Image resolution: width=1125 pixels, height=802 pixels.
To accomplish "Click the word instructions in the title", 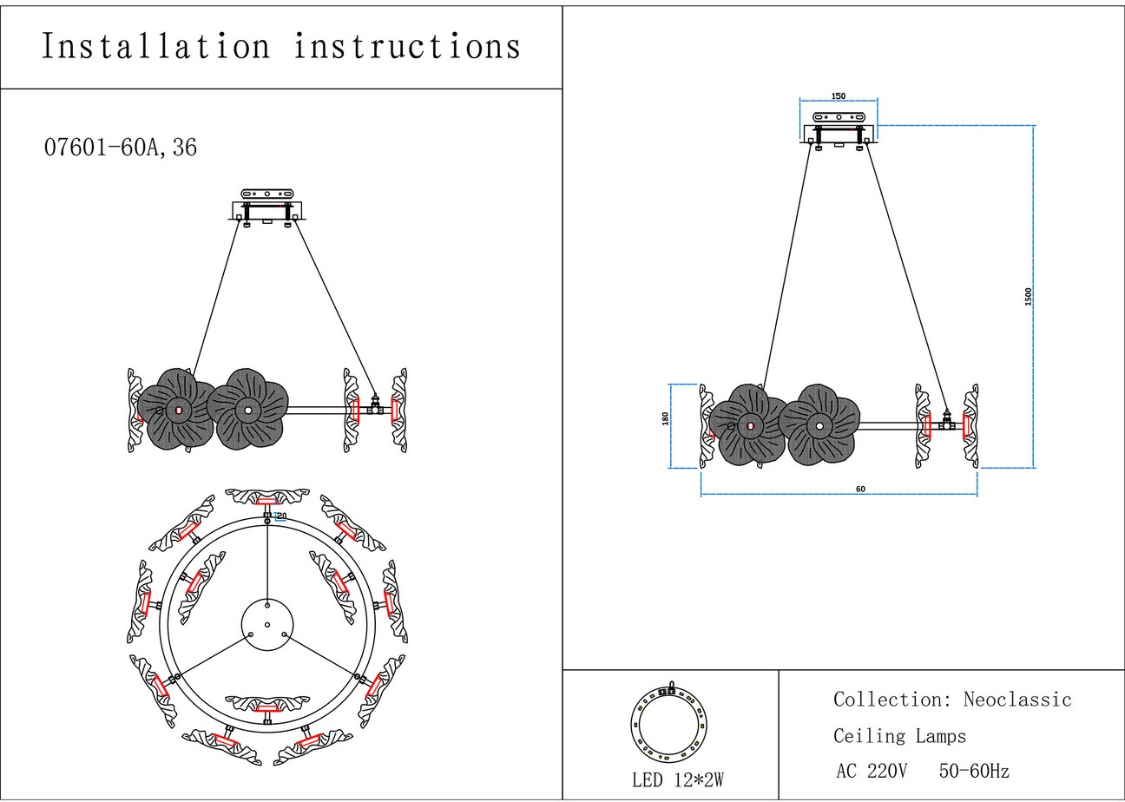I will click(407, 46).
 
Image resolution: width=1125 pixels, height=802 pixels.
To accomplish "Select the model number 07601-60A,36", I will click(121, 148).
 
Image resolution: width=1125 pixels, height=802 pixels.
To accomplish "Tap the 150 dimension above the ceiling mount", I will click(839, 96).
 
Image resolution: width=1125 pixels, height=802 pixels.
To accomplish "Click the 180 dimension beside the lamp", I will click(666, 418).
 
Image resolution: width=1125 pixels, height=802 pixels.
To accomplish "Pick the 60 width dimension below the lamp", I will click(860, 490).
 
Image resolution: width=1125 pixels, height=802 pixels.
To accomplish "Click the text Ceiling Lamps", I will click(899, 737).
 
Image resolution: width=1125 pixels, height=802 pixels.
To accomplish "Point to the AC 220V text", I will click(872, 771).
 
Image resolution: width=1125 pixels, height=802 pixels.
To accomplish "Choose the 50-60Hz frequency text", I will click(974, 771).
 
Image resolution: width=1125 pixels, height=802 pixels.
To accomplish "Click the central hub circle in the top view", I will click(267, 623).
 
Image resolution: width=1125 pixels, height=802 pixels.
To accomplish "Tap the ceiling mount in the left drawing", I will click(267, 207).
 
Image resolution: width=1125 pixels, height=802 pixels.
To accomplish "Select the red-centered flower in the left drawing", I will click(177, 410).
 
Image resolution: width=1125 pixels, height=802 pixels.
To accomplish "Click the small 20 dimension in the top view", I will click(280, 516).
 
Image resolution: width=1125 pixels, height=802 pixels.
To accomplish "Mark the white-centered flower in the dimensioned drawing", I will click(819, 425).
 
